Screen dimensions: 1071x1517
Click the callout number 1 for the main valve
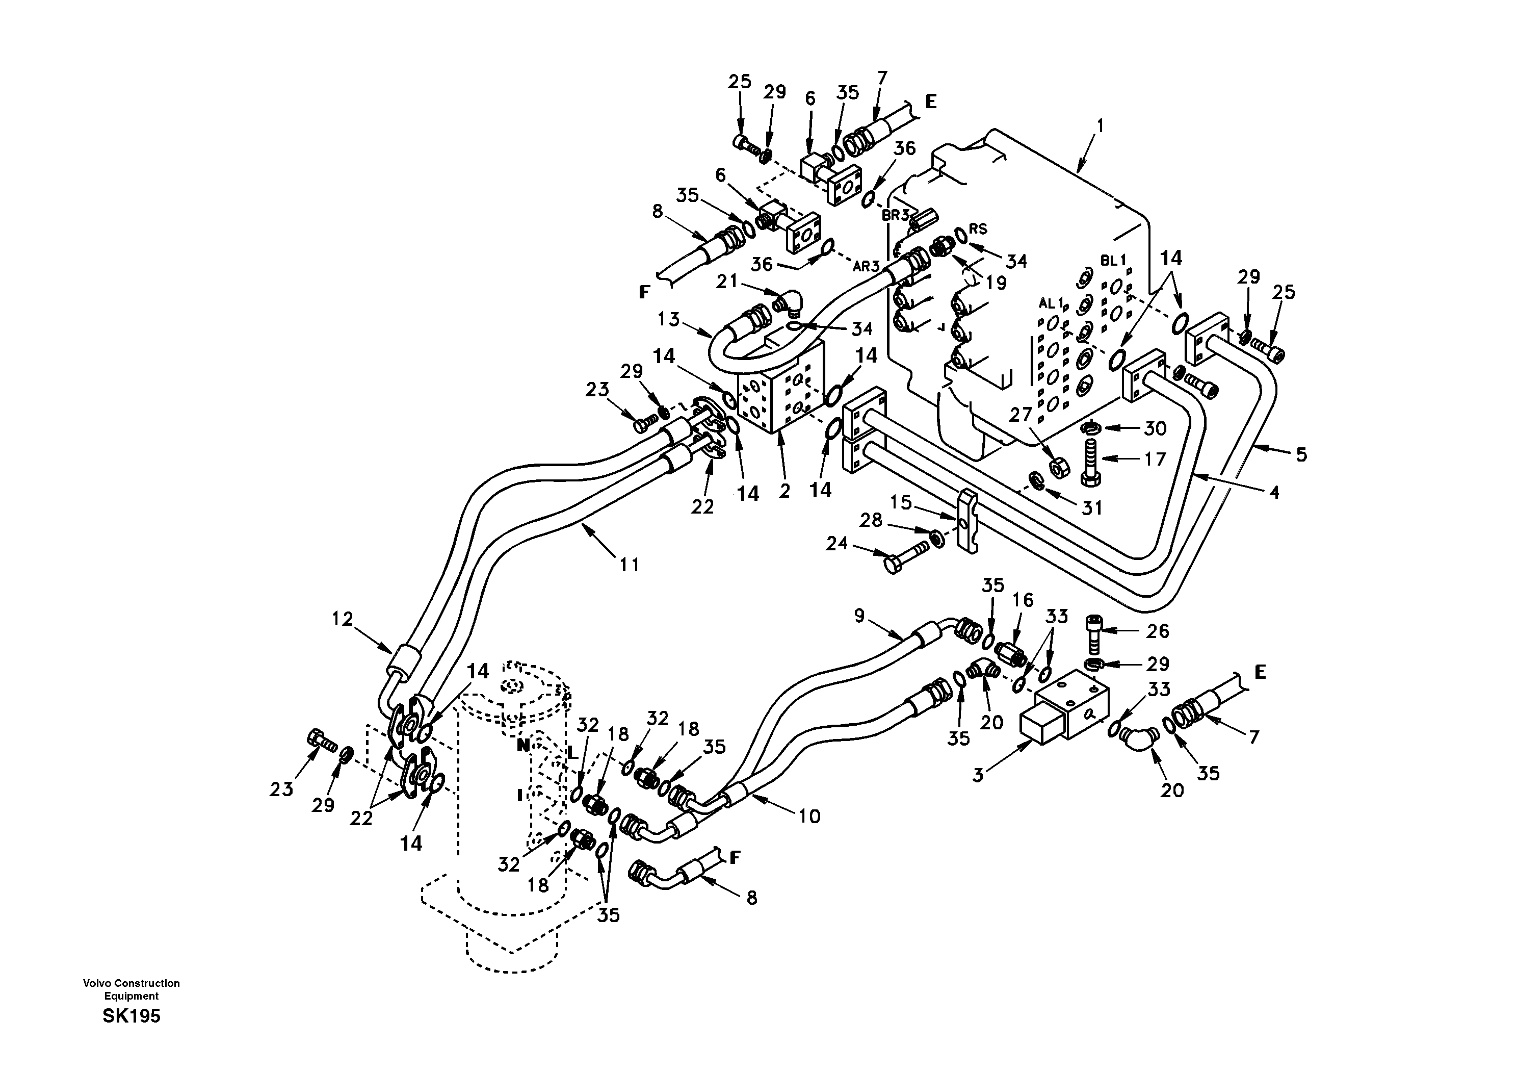[1100, 125]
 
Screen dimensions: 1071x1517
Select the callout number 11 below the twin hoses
[629, 565]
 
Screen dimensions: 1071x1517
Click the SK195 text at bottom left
[132, 1016]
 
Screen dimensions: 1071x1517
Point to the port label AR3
[866, 266]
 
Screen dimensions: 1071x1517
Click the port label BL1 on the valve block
[1113, 261]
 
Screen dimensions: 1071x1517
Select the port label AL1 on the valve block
[1052, 303]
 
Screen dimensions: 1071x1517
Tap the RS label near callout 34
[978, 229]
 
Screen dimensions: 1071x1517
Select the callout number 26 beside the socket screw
[1157, 631]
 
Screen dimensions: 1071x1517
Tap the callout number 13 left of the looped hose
[669, 319]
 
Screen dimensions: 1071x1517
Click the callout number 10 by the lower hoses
[809, 816]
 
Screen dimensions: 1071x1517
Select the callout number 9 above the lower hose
[859, 616]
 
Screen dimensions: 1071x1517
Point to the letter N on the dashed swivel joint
[522, 745]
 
